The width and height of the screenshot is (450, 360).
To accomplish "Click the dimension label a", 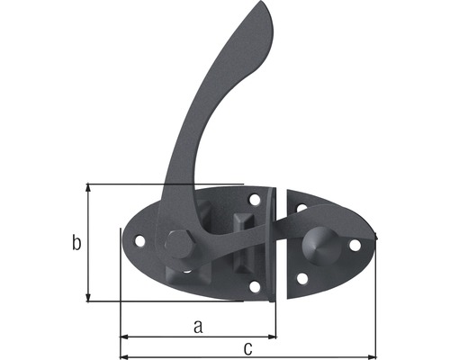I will click(x=198, y=327).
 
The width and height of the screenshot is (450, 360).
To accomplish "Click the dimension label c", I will click(x=247, y=347).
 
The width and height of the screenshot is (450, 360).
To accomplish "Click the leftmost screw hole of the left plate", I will click(x=139, y=241).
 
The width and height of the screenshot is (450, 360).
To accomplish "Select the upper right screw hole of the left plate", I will click(x=255, y=199).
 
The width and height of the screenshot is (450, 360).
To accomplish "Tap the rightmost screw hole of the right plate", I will click(x=355, y=244).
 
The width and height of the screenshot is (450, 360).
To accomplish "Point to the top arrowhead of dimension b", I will click(x=88, y=187).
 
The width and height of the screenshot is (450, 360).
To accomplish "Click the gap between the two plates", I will click(x=280, y=243).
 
